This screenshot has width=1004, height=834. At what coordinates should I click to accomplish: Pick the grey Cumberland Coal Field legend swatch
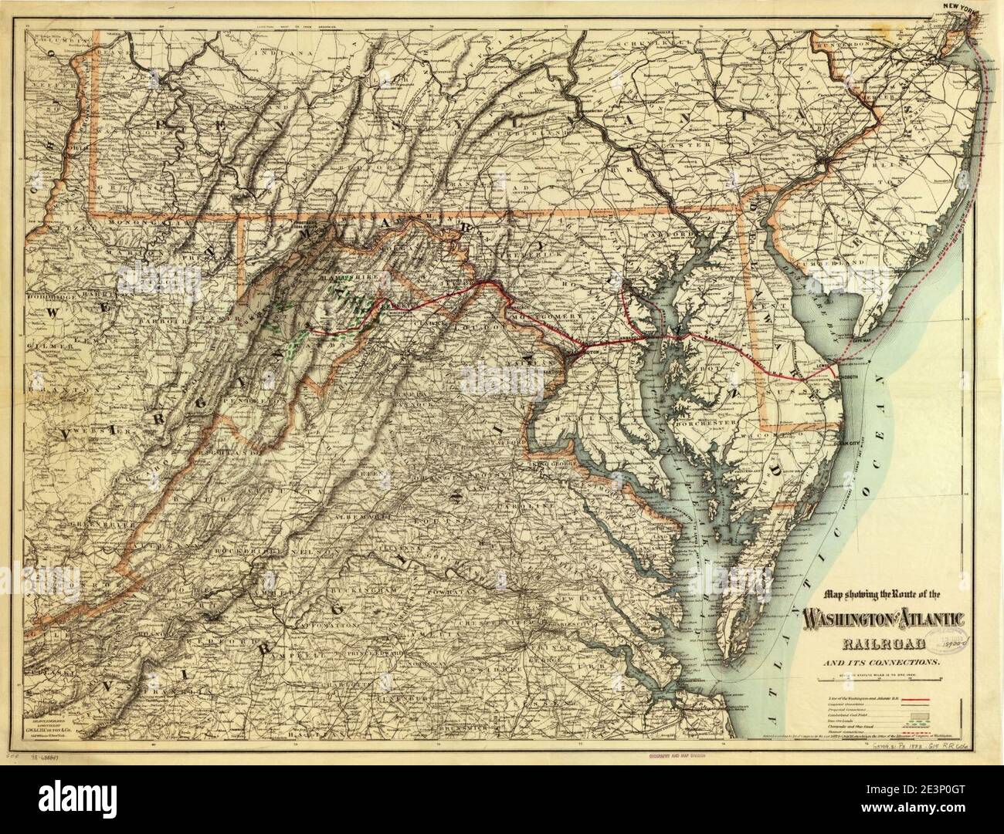point(943,717)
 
